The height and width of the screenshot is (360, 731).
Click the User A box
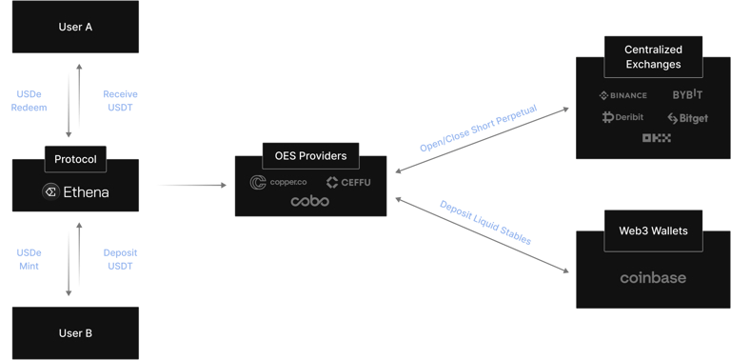75,26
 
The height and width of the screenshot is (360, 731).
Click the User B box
75,334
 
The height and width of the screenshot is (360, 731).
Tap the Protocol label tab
75,159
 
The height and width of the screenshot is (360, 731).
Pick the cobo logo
311,202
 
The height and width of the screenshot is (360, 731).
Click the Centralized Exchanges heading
652,56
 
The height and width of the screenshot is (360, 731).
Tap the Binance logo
623,95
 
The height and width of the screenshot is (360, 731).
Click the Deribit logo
623,117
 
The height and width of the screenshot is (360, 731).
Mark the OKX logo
657,139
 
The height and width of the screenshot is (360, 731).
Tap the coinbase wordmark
652,278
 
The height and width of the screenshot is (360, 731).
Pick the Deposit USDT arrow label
119,259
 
